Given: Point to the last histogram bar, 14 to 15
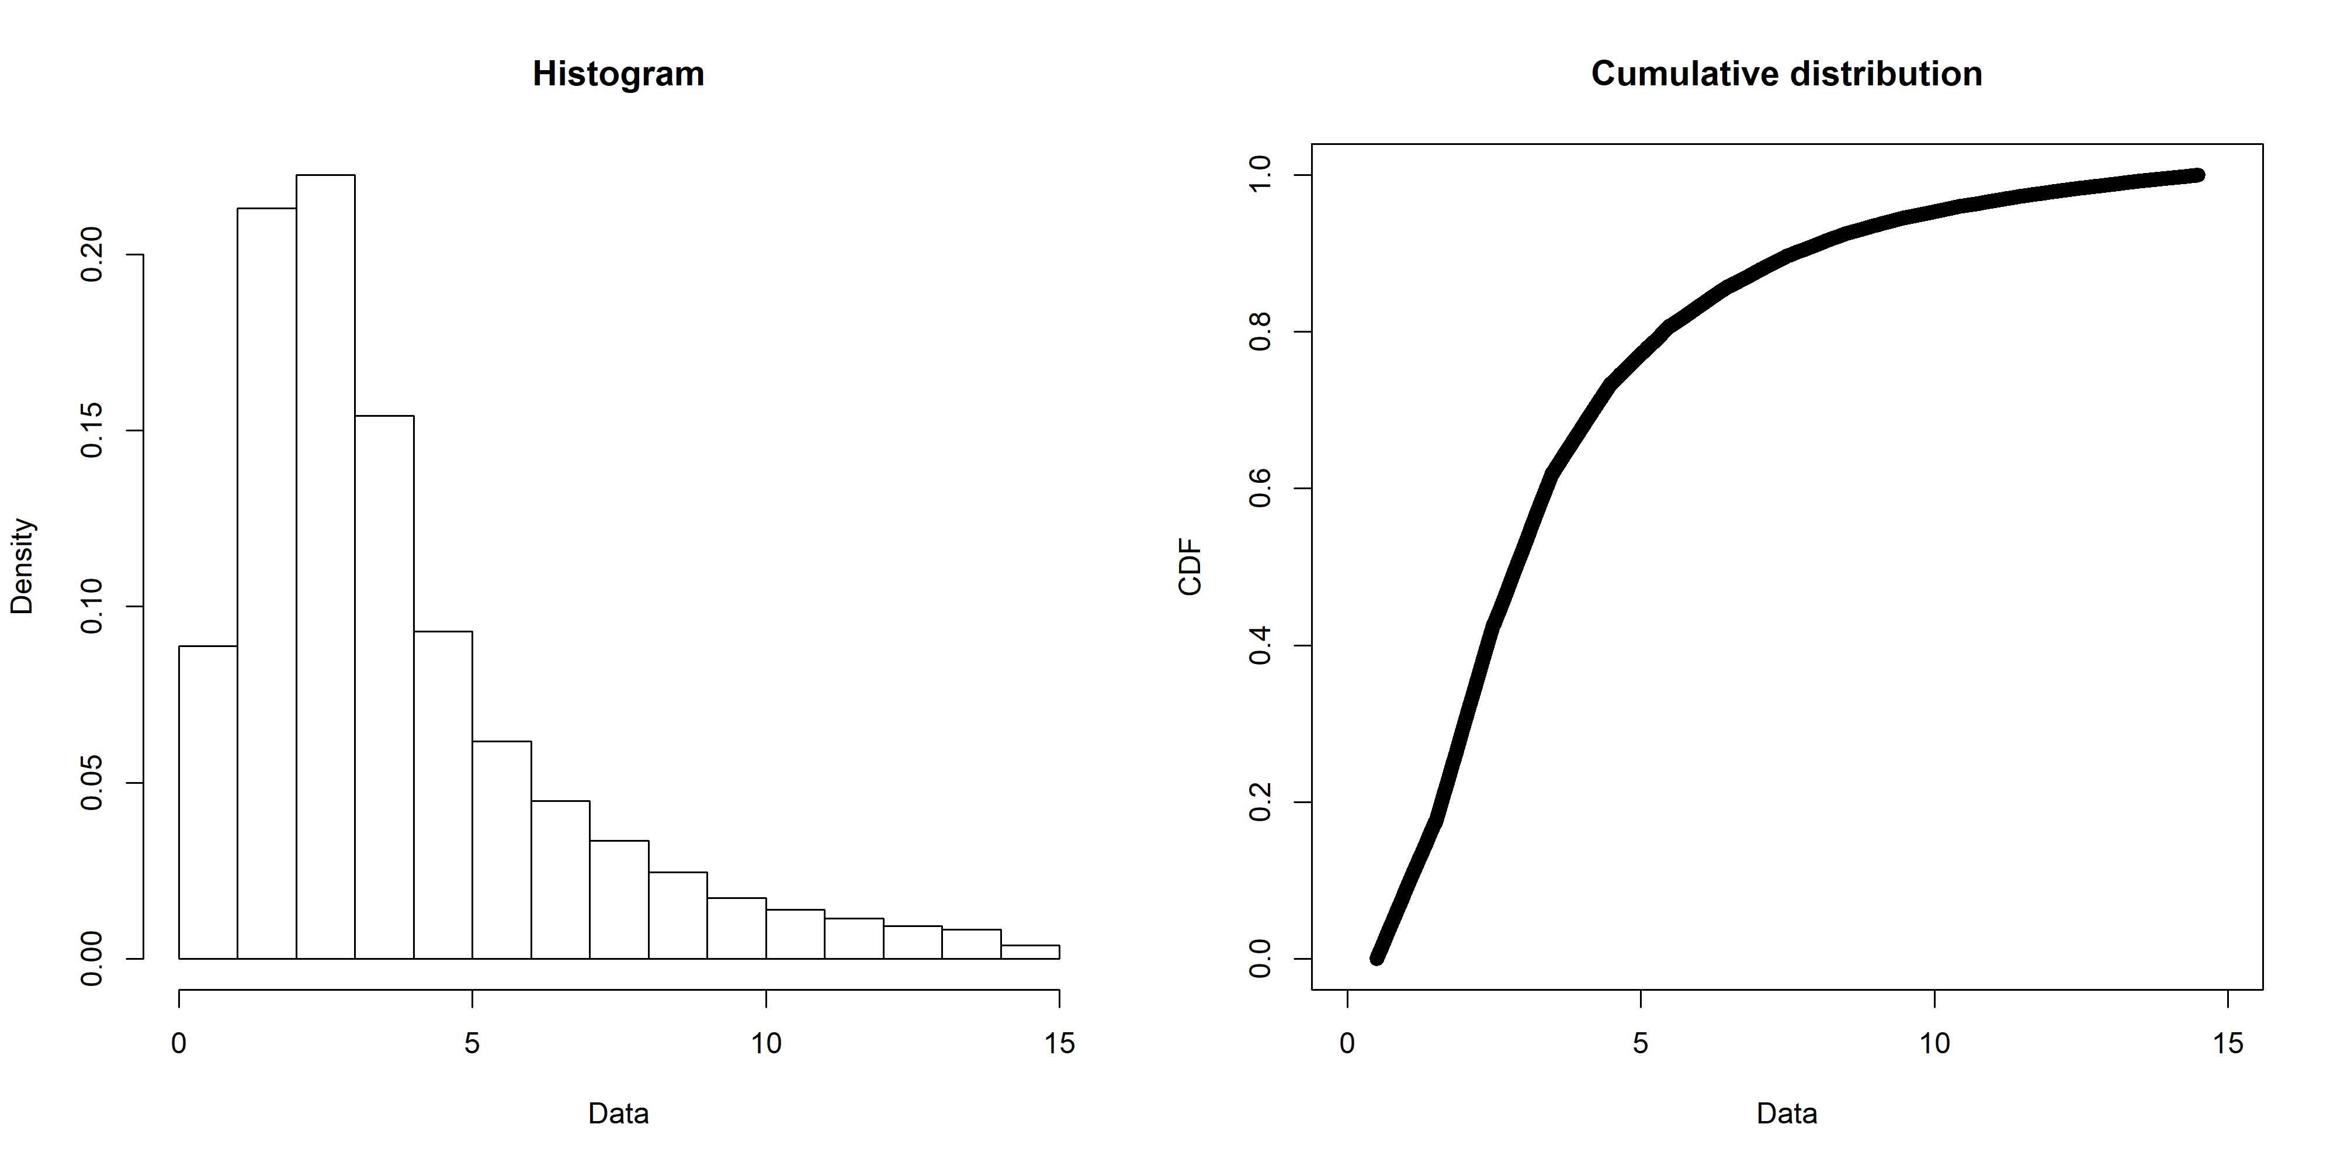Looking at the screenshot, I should [1029, 952].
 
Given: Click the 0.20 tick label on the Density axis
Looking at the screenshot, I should [92, 254].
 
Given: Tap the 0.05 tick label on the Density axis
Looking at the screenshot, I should [92, 783].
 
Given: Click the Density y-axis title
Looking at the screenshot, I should [22, 566].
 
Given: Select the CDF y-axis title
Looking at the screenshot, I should [1190, 566].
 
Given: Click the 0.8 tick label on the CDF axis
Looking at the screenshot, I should [1260, 331].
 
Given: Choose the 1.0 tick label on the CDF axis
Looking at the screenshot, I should [1260, 174].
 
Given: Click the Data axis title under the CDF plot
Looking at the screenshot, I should [1786, 1113].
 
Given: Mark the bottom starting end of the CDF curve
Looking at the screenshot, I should [1377, 957].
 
